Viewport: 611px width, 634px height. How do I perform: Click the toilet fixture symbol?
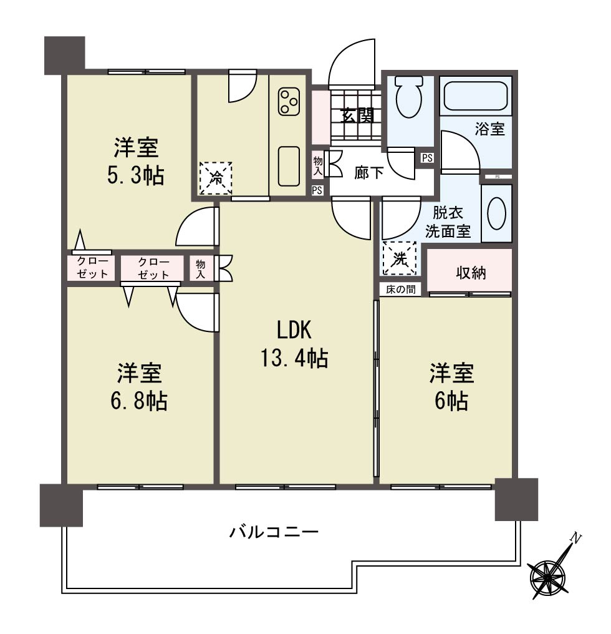(x=409, y=97)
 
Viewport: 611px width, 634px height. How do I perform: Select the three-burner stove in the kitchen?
(x=289, y=101)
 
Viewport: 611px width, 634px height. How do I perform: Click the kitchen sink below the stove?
(x=289, y=166)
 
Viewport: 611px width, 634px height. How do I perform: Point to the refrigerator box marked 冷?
(x=216, y=178)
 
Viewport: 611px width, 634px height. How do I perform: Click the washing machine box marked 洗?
(x=400, y=258)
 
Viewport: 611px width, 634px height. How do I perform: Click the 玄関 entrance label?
(x=357, y=116)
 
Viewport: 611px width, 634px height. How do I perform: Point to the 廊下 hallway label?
(x=368, y=173)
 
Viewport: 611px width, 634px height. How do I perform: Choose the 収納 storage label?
(x=471, y=273)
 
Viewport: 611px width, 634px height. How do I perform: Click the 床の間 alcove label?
(x=400, y=290)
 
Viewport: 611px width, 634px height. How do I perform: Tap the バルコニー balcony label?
(x=274, y=531)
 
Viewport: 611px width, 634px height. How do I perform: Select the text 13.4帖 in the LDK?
(x=294, y=358)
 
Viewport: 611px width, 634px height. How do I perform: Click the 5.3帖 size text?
(x=135, y=176)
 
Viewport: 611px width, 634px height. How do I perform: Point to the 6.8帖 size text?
(x=139, y=401)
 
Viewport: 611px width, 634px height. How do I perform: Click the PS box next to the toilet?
(x=427, y=158)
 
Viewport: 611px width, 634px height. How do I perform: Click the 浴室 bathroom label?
(x=490, y=129)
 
